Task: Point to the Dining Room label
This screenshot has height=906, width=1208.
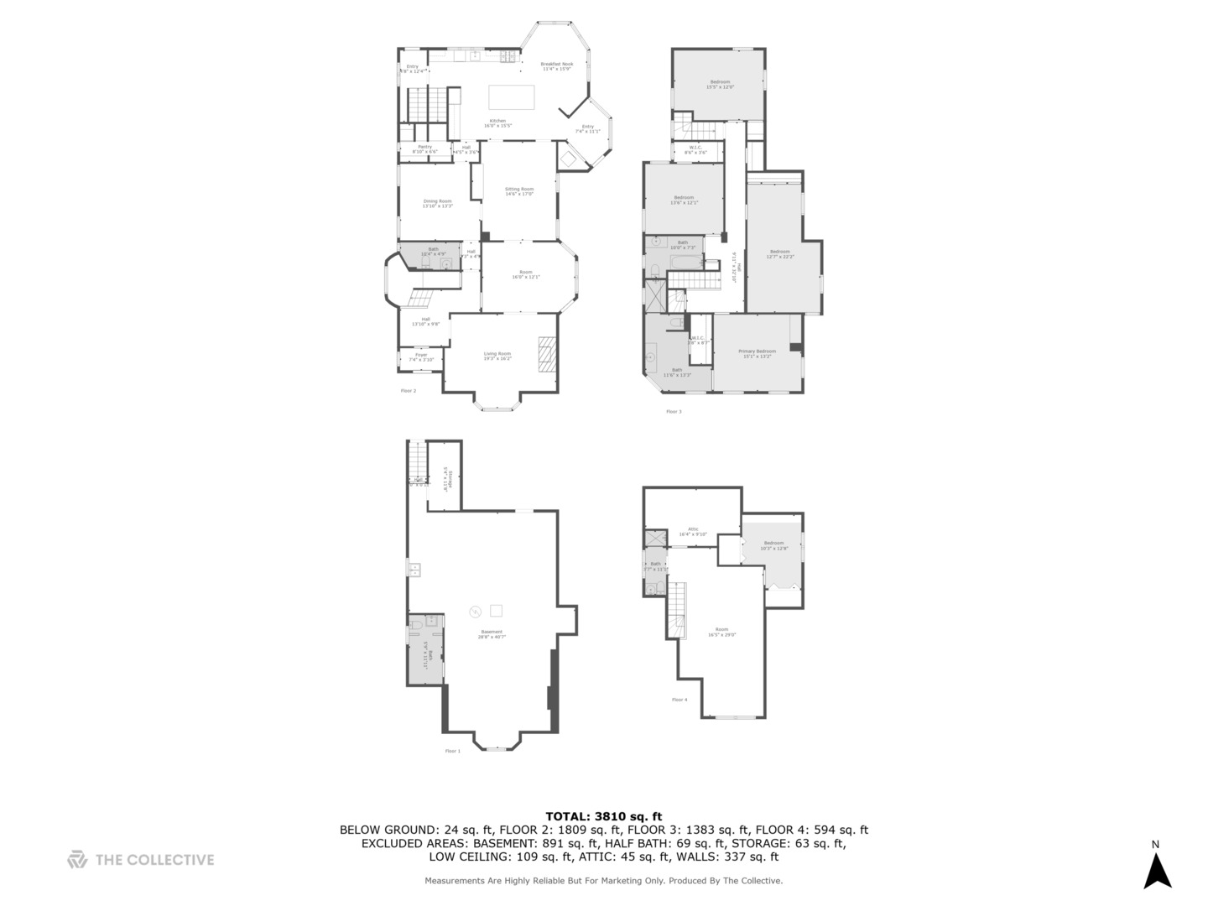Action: pos(437,203)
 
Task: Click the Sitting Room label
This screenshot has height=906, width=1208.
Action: pos(518,191)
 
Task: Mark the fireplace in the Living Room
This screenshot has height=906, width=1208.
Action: pos(547,353)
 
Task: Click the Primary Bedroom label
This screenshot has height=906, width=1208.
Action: pos(757,353)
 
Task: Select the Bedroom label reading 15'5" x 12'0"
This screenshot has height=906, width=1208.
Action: pos(720,84)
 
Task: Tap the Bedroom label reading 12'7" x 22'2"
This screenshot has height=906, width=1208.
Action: pos(779,253)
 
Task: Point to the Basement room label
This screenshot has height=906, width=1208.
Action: pos(492,634)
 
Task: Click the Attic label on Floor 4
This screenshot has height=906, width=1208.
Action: pos(693,531)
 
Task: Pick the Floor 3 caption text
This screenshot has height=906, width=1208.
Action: pos(674,411)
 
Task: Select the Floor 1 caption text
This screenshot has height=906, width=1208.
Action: pos(452,751)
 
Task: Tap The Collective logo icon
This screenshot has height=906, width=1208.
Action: pos(77,859)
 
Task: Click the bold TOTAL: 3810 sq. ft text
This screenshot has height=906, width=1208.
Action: pos(603,815)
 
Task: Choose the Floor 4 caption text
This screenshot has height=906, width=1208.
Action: pos(679,699)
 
